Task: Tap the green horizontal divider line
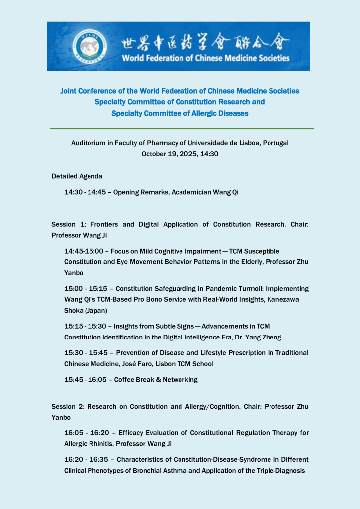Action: pos(181,129)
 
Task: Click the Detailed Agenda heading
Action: pos(77,176)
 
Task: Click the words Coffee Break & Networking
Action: pos(156,379)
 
